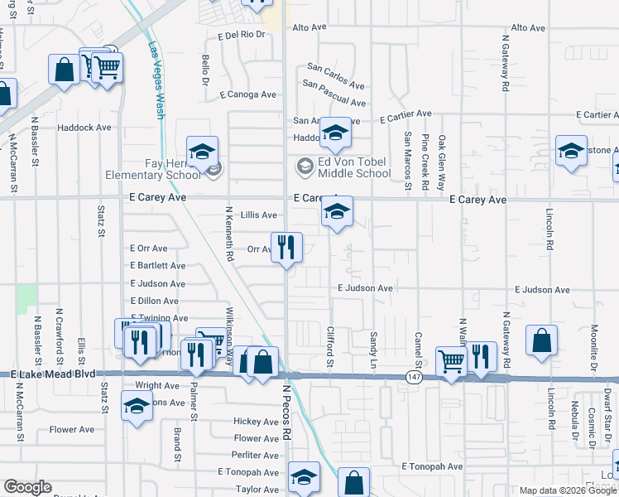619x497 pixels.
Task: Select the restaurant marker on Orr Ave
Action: click(287, 248)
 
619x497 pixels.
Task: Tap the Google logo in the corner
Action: click(27, 487)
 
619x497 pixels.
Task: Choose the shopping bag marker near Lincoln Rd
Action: click(541, 340)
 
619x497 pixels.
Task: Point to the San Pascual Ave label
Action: click(334, 93)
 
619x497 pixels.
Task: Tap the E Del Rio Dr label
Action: click(241, 35)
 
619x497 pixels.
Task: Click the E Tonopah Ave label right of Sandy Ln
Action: click(433, 466)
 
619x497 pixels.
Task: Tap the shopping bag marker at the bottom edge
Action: click(353, 483)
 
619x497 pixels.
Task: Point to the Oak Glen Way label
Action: click(442, 162)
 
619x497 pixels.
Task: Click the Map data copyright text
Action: click(567, 490)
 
